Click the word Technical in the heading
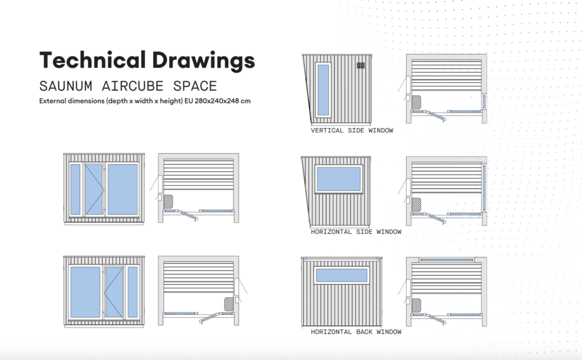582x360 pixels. pos(92,60)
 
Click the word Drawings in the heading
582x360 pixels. pos(204,61)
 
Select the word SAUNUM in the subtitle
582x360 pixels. pos(66,86)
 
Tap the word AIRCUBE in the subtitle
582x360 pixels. pos(132,86)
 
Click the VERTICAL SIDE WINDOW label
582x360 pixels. pos(352,131)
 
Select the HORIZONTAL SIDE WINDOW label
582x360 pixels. pos(356,231)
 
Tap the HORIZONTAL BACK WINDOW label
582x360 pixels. pos(356,332)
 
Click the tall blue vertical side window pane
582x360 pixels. pos(323,90)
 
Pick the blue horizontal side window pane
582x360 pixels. pos(339,179)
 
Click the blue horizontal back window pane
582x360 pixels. pos(341,275)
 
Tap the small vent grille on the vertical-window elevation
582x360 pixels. pos(361,65)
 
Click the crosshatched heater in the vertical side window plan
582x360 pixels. pos(416,102)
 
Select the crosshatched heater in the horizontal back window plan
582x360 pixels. pos(416,305)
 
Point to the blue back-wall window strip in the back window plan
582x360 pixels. pos(446,260)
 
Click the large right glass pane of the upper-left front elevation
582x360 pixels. pos(123,190)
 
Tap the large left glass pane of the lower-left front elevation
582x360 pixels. pos(85,292)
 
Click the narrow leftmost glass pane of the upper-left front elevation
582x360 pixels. pos(75,190)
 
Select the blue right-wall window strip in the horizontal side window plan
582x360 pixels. pos(484,188)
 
